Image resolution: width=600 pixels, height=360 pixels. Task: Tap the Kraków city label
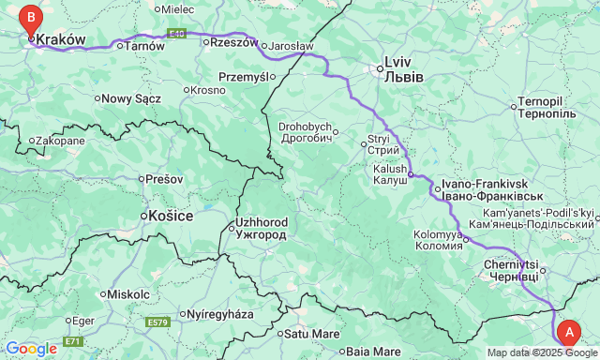(61, 40)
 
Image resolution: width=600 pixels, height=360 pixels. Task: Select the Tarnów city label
(144, 45)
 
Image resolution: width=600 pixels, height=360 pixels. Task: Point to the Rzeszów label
(233, 42)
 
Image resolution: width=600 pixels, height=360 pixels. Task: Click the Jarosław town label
(292, 45)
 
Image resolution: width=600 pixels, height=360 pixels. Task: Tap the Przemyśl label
(243, 77)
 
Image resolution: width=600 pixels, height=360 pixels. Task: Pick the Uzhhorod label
(262, 229)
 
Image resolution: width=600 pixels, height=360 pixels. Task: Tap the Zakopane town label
(61, 141)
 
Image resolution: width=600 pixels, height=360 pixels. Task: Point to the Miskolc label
(128, 293)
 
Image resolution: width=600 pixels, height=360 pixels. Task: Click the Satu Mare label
(312, 333)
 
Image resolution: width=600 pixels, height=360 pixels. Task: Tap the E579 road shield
(158, 322)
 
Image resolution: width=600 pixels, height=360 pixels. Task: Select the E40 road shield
(178, 33)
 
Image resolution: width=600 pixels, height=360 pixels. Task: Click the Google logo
(30, 348)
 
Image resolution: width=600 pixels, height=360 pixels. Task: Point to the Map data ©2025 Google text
(542, 352)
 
